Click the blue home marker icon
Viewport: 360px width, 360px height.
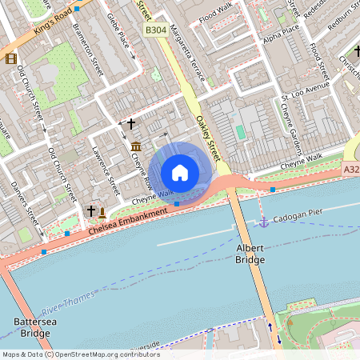tap(180, 172)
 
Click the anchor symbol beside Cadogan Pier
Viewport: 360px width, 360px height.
tap(262, 221)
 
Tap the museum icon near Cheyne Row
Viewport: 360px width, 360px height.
tap(136, 146)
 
